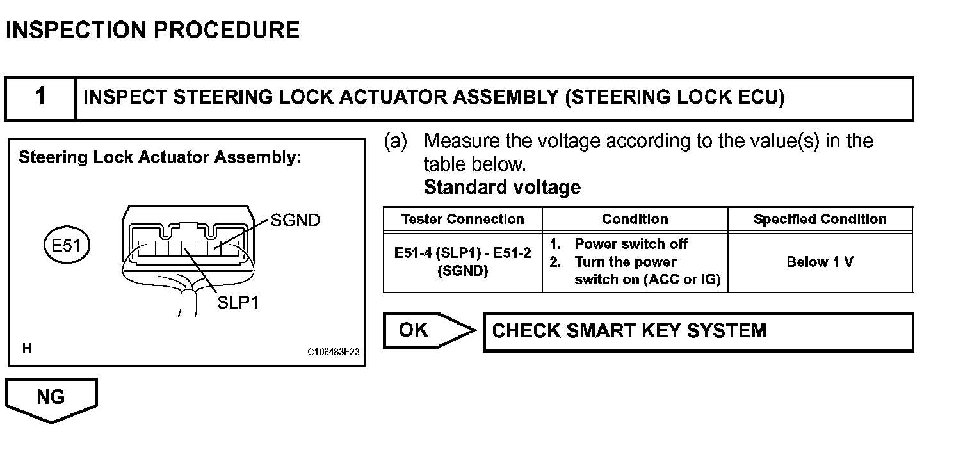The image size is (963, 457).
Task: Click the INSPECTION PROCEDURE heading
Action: (x=152, y=30)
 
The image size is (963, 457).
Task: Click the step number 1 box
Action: (x=40, y=98)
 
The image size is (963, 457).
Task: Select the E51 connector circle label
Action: (x=66, y=245)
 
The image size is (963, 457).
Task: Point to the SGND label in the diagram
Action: (x=295, y=220)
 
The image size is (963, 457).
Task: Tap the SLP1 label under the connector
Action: (x=238, y=302)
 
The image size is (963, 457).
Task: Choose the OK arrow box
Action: (x=423, y=330)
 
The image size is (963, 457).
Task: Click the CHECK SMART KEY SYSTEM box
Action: (x=698, y=332)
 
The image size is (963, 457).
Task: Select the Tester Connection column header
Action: (x=462, y=220)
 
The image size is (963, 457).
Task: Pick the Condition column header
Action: (x=635, y=220)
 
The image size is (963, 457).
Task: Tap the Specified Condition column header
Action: (x=820, y=220)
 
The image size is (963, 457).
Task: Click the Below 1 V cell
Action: (x=820, y=262)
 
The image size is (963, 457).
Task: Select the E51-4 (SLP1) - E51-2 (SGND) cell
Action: (x=462, y=262)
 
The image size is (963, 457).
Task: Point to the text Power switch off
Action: (x=631, y=244)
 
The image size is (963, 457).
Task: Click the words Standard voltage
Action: (x=503, y=188)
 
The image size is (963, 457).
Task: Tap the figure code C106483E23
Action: (x=334, y=351)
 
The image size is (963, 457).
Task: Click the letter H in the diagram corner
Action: (x=27, y=349)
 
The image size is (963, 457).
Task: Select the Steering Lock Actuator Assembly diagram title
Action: (x=160, y=157)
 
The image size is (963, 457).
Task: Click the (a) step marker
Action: (x=395, y=141)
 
